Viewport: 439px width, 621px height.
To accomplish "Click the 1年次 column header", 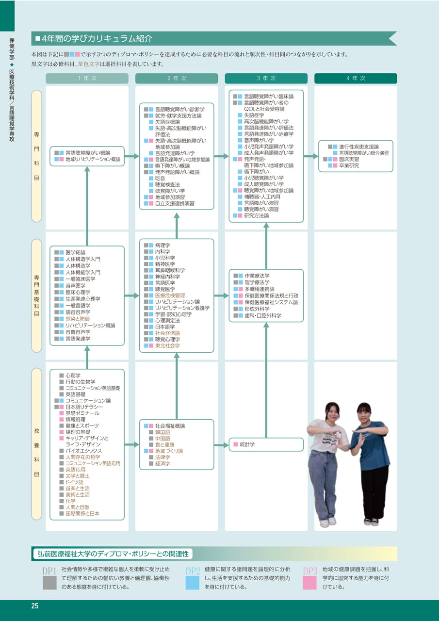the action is (x=87, y=79).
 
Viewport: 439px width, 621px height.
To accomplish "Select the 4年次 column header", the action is (x=356, y=79).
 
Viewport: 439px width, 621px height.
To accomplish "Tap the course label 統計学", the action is (x=247, y=444).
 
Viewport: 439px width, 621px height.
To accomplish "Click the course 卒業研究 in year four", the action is (x=349, y=165).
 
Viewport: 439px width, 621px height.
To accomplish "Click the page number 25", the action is (x=34, y=606).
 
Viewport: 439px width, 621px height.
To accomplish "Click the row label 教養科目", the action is (x=36, y=453).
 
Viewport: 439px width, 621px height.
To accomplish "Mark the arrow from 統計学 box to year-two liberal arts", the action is (x=221, y=445).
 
